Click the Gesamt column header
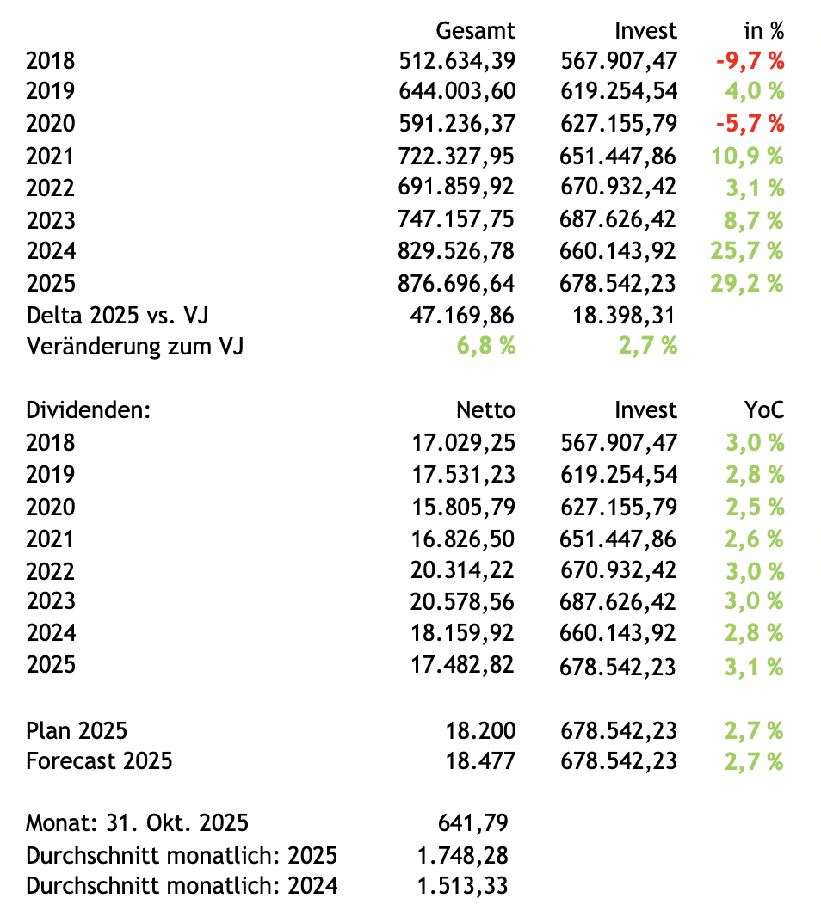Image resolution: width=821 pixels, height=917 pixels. tap(475, 31)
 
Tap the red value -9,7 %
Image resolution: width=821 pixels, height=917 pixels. tap(750, 60)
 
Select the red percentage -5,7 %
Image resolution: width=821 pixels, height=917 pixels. tap(750, 124)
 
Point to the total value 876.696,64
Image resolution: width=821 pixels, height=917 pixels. tap(457, 283)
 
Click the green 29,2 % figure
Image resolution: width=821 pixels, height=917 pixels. tap(747, 283)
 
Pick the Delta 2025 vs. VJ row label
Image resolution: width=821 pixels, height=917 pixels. tap(117, 315)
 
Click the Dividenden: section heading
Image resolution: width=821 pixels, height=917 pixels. tap(89, 410)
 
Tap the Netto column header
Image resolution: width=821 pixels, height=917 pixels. tap(485, 410)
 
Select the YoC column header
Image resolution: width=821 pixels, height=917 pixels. tap(764, 410)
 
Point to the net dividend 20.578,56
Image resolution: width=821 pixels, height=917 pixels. tap(464, 601)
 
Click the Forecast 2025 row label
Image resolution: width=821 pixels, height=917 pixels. tap(99, 761)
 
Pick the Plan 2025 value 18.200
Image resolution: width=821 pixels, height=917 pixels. tap(480, 731)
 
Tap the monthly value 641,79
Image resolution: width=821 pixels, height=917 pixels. tap(473, 823)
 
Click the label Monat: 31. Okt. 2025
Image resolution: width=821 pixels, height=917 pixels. tap(138, 823)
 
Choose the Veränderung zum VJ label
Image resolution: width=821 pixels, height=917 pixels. tap(135, 347)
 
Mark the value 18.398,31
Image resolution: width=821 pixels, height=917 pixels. tap(625, 315)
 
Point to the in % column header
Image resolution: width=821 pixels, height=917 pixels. tap(763, 31)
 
